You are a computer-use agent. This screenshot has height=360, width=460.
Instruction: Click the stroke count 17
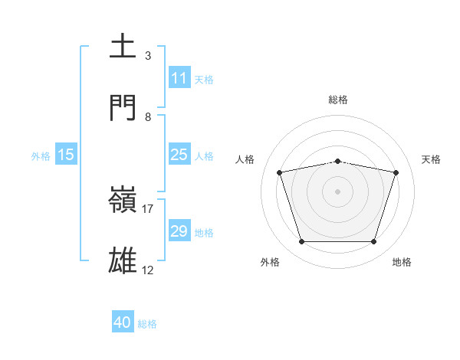point(148,208)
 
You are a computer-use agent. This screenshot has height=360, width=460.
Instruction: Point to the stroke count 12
point(148,270)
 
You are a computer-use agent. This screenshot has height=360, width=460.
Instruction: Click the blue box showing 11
point(179,78)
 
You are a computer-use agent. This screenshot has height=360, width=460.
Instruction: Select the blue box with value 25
point(179,155)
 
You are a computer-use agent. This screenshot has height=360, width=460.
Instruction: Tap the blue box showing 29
point(179,231)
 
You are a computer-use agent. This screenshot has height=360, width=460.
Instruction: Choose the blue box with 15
point(66,155)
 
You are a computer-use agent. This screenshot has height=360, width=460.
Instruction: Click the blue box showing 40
point(123,323)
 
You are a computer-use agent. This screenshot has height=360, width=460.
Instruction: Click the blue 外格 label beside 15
point(41,156)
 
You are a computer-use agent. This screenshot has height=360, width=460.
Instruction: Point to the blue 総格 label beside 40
point(147,324)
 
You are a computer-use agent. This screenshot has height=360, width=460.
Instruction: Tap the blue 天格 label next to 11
point(204,79)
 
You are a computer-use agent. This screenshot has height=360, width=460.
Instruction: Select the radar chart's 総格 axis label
point(337,100)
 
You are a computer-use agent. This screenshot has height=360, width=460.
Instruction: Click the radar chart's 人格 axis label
point(245,159)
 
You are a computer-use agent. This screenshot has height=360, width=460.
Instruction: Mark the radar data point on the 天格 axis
point(396,172)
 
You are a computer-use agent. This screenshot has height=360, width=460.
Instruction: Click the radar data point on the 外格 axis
point(301,242)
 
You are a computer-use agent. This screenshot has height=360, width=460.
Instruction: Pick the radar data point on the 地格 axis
point(373,242)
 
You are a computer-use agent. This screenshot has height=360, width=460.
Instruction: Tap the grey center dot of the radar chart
point(337,191)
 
